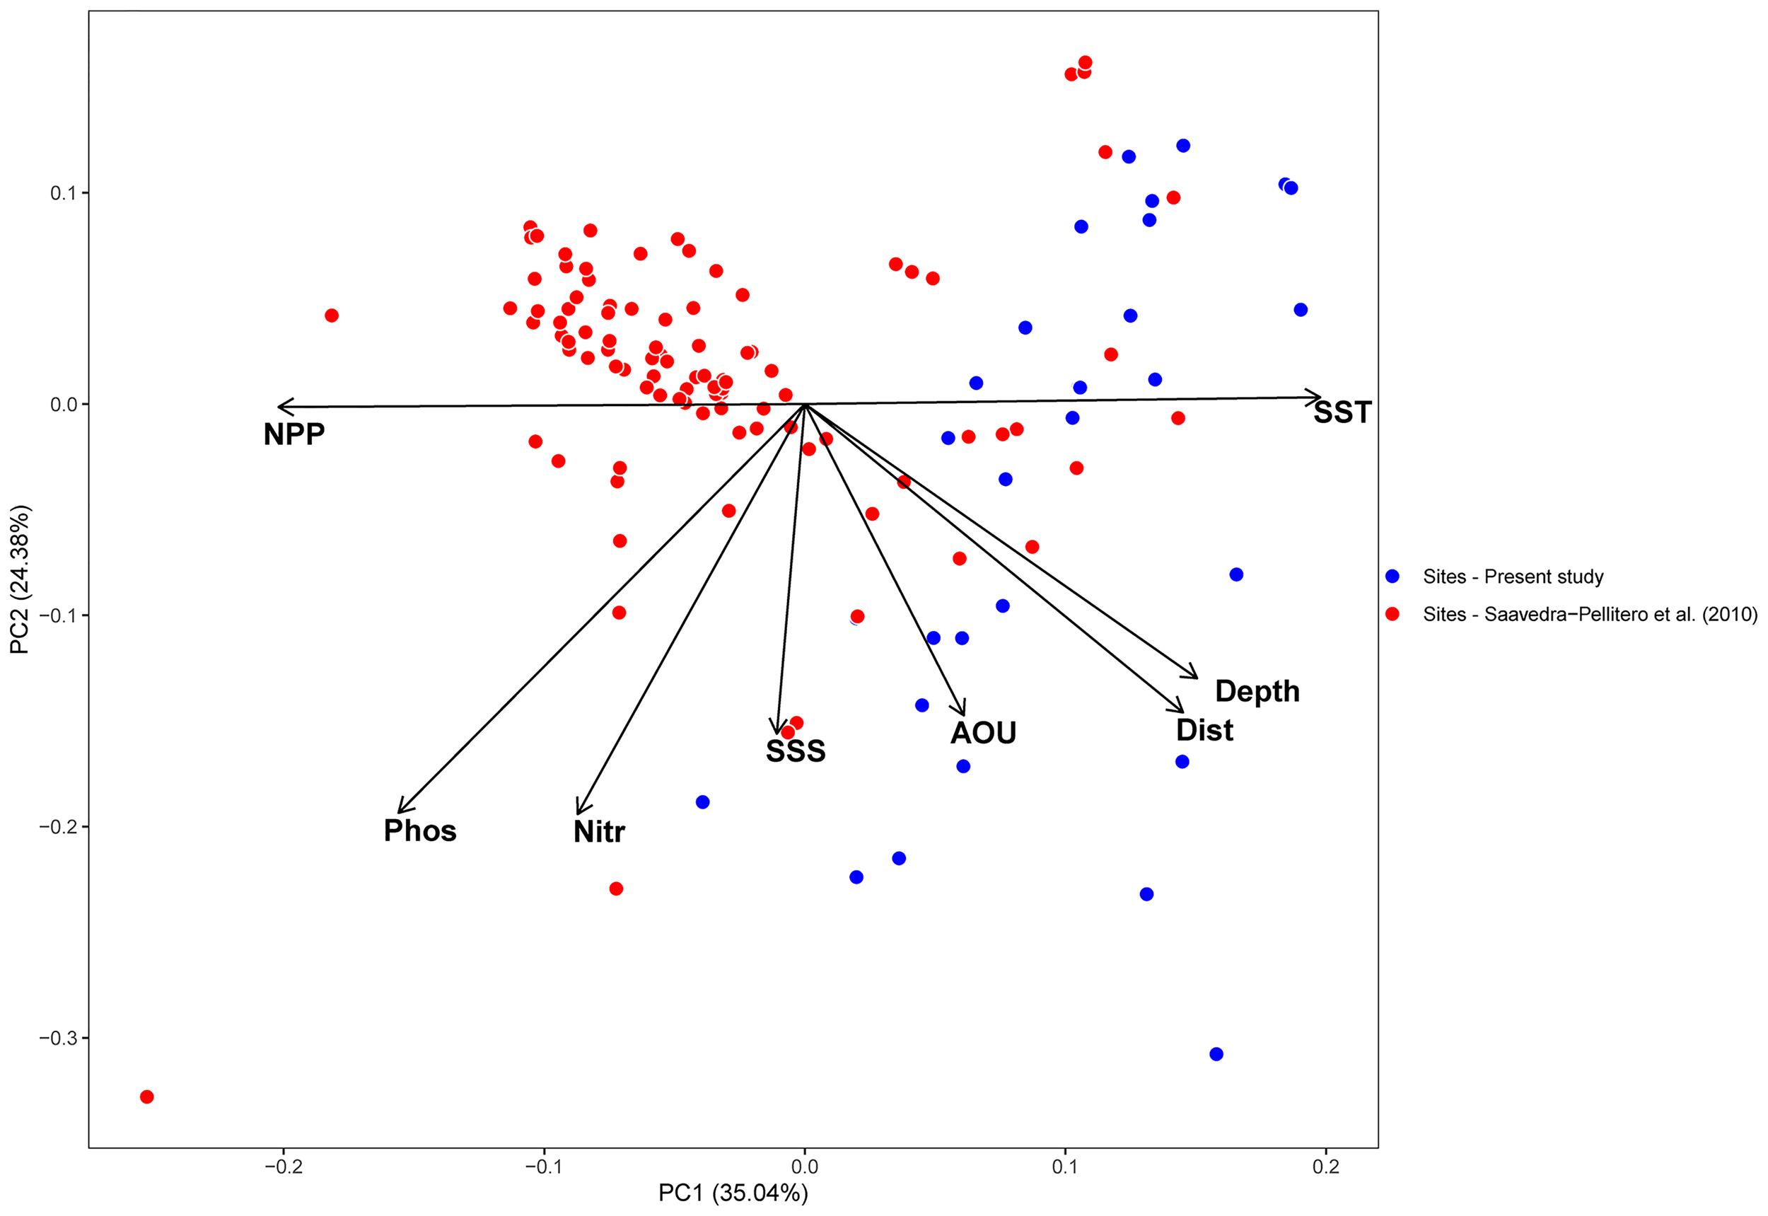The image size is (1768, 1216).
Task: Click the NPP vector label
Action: [294, 434]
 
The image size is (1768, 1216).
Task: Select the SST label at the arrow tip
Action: [1342, 413]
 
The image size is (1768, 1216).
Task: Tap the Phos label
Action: [419, 830]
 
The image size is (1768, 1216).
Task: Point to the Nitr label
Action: [599, 831]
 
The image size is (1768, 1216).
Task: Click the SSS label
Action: [796, 751]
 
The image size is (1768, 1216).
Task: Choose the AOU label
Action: [982, 733]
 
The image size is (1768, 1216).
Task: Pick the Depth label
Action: [1257, 691]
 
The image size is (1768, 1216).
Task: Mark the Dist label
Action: [1204, 730]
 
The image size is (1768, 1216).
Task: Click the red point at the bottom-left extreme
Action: [147, 1096]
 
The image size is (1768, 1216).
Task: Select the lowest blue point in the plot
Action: [1216, 1054]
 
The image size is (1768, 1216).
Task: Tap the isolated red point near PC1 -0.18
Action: [332, 315]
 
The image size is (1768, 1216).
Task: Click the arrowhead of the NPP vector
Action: [279, 406]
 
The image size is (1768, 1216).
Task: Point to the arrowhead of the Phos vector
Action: [400, 811]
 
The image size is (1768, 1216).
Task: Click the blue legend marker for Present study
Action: [1392, 577]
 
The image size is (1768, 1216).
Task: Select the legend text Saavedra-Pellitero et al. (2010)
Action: [1590, 614]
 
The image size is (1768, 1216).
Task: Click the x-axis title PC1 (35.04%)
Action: [733, 1193]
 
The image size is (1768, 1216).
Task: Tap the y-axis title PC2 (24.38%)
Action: [19, 579]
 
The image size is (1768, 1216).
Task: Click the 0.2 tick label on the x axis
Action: [1325, 1166]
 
